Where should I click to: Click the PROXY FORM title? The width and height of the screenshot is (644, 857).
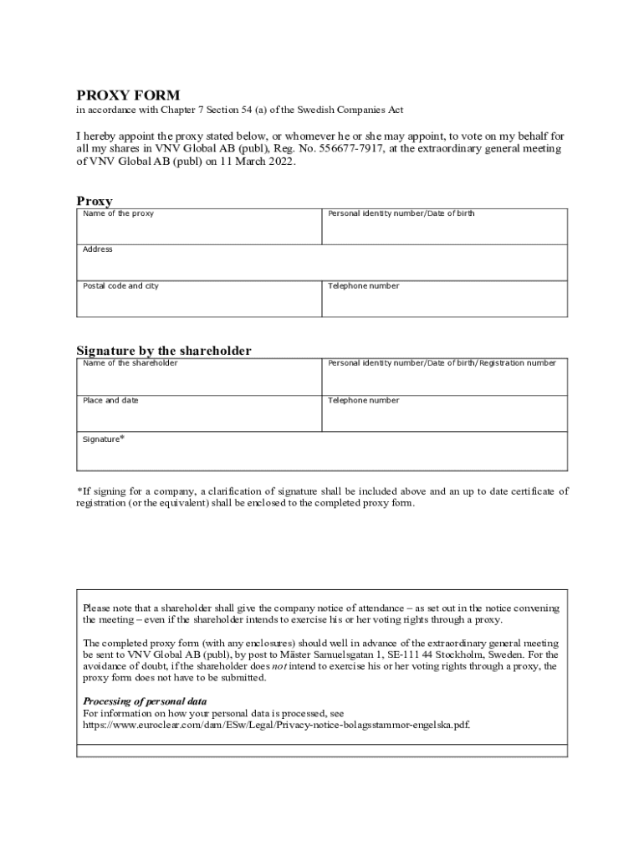128,95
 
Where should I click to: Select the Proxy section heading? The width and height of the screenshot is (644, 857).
95,201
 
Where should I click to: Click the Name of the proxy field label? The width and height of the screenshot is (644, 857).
118,214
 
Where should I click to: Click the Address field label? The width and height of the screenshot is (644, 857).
97,249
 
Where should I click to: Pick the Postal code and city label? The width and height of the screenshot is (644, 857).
120,286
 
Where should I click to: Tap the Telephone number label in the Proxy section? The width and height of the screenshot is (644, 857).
363,286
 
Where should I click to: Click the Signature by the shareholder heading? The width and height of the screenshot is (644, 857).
164,351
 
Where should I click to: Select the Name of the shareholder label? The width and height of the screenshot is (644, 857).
130,363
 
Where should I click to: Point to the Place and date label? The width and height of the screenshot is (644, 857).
110,400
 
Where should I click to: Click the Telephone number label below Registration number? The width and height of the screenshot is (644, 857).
363,400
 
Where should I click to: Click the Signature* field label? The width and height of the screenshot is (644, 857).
103,439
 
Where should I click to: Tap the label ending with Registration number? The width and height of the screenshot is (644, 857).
442,363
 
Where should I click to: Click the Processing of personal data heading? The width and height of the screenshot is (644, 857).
145,700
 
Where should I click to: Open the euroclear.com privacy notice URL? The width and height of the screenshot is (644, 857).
276,726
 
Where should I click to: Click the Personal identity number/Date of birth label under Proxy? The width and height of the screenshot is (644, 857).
401,214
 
